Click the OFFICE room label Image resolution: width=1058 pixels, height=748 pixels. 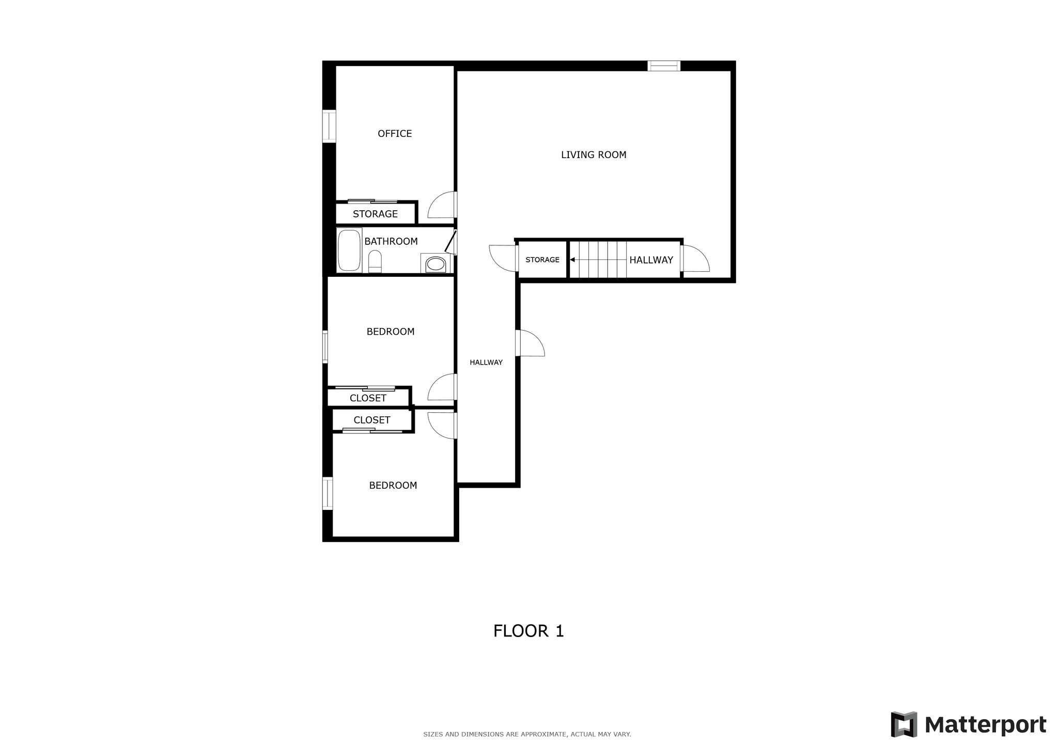click(x=395, y=134)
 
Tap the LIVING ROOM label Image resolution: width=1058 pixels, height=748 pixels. click(x=594, y=154)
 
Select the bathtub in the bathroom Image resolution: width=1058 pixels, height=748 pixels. click(x=349, y=250)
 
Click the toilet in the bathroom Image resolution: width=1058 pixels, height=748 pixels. click(x=375, y=261)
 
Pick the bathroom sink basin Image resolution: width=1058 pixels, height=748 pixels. click(x=435, y=263)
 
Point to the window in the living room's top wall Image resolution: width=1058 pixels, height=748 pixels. click(x=664, y=66)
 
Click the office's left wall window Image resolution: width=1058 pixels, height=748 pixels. click(x=329, y=126)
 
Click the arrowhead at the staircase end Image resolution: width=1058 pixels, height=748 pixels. click(x=572, y=260)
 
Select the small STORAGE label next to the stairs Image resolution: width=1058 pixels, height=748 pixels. click(x=542, y=260)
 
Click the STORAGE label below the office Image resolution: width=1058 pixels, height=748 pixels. click(x=375, y=214)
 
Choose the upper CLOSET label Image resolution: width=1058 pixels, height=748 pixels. click(x=368, y=398)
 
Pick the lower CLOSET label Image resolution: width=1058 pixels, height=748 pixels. click(x=372, y=420)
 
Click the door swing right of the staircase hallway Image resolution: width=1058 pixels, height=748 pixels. click(x=696, y=259)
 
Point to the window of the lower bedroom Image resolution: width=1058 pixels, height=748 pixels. click(x=328, y=493)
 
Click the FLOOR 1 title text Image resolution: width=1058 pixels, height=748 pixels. click(x=528, y=631)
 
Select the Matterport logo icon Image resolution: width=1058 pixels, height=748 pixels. click(x=904, y=724)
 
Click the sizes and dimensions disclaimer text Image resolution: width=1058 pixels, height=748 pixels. click(x=527, y=734)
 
